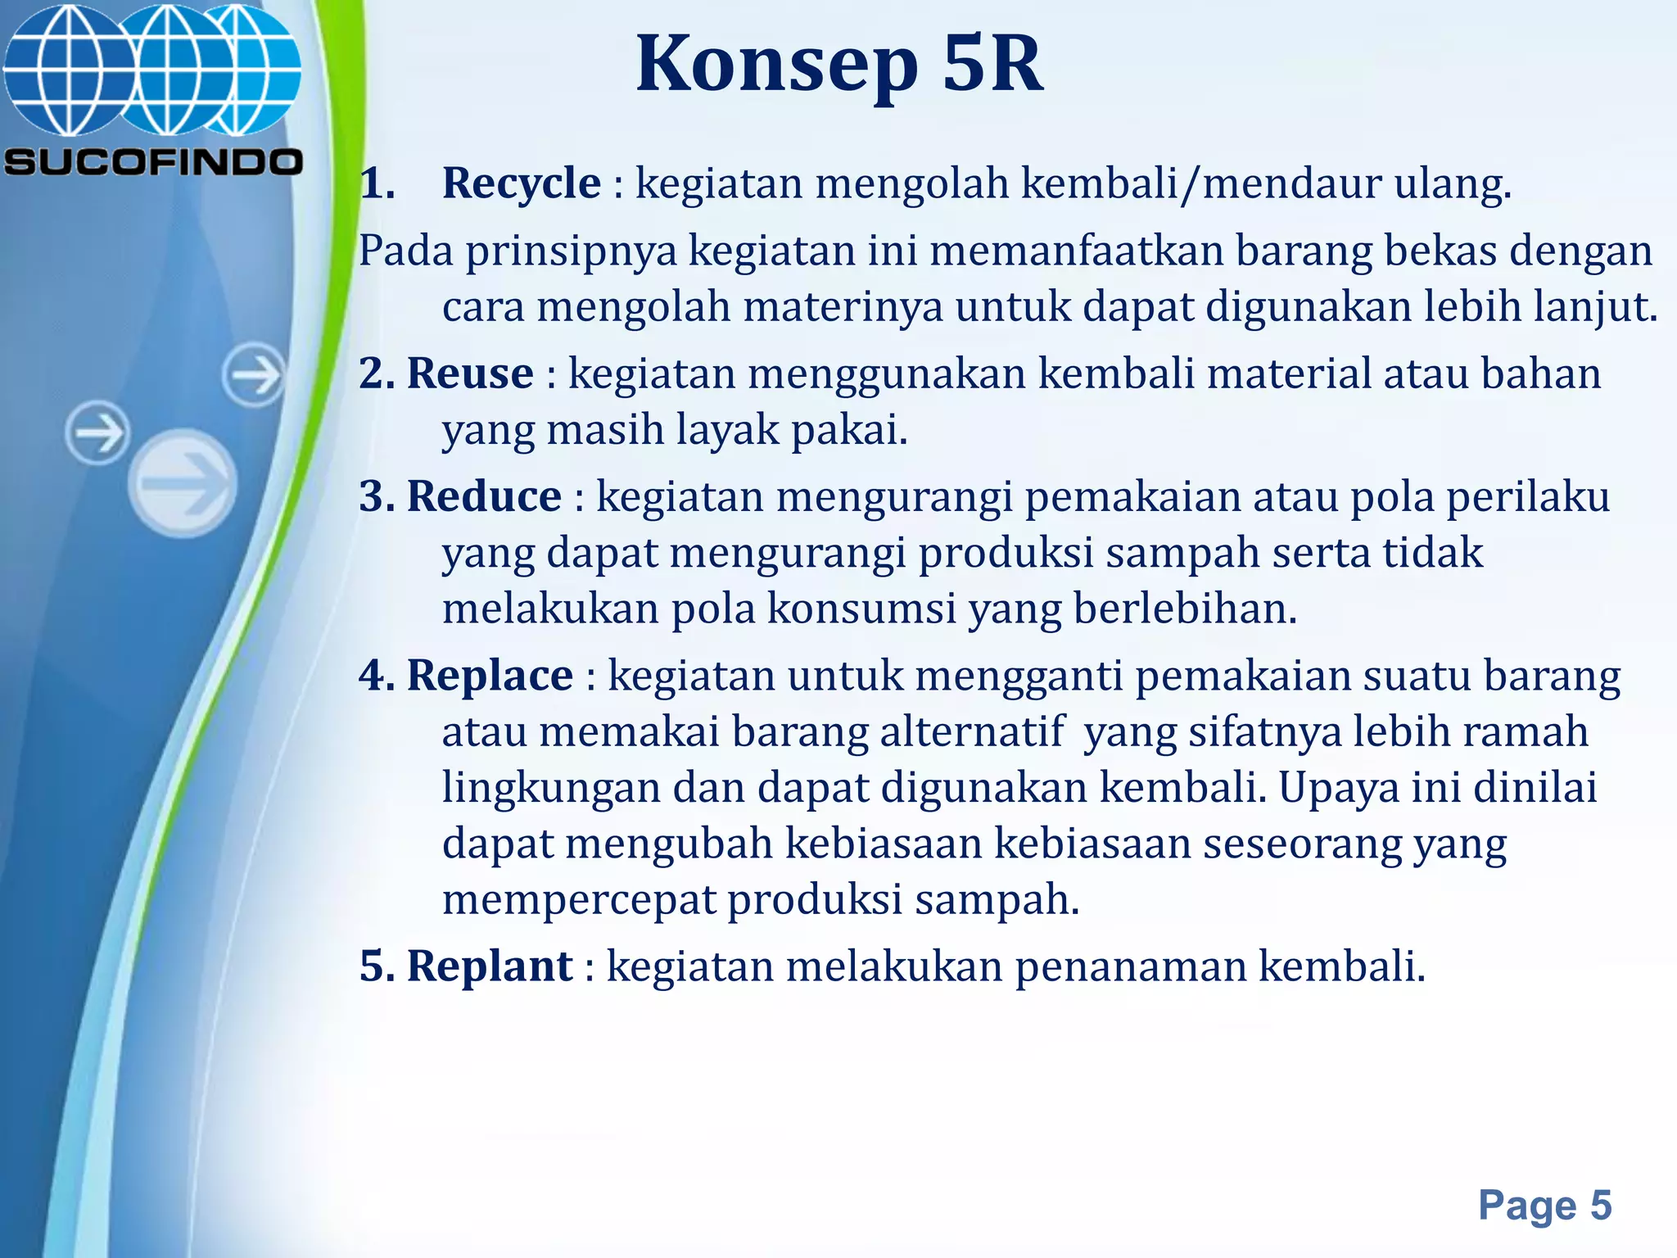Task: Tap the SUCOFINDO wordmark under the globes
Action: [153, 161]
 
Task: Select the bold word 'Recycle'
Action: [521, 183]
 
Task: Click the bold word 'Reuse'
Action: [470, 373]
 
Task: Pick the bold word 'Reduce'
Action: [484, 496]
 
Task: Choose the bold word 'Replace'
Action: [490, 676]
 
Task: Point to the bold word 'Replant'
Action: [490, 966]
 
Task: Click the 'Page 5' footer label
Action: [1544, 1205]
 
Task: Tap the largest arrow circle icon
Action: [183, 483]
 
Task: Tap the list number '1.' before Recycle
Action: [377, 183]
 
